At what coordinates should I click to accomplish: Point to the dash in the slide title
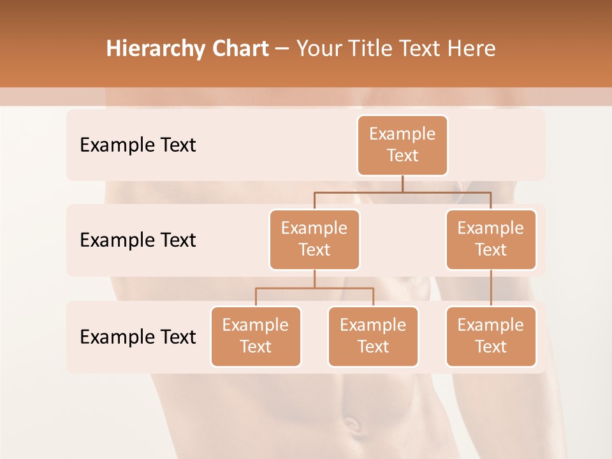pyautogui.click(x=282, y=49)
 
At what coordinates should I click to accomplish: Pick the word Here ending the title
pyautogui.click(x=471, y=49)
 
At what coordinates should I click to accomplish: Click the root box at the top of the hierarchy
pyautogui.click(x=402, y=145)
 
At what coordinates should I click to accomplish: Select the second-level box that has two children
pyautogui.click(x=314, y=240)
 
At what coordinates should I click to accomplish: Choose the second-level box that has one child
pyautogui.click(x=491, y=240)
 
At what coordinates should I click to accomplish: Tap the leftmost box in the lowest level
pyautogui.click(x=256, y=337)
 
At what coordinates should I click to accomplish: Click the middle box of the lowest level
pyautogui.click(x=373, y=337)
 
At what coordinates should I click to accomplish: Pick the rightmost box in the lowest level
pyautogui.click(x=491, y=337)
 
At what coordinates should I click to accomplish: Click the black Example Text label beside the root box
pyautogui.click(x=138, y=145)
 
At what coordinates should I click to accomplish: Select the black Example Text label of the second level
pyautogui.click(x=138, y=240)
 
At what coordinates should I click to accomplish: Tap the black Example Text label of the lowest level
pyautogui.click(x=138, y=337)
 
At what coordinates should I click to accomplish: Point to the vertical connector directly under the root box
pyautogui.click(x=402, y=184)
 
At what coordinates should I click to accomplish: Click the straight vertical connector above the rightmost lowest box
pyautogui.click(x=491, y=288)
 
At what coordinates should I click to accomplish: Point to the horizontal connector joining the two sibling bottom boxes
pyautogui.click(x=314, y=288)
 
